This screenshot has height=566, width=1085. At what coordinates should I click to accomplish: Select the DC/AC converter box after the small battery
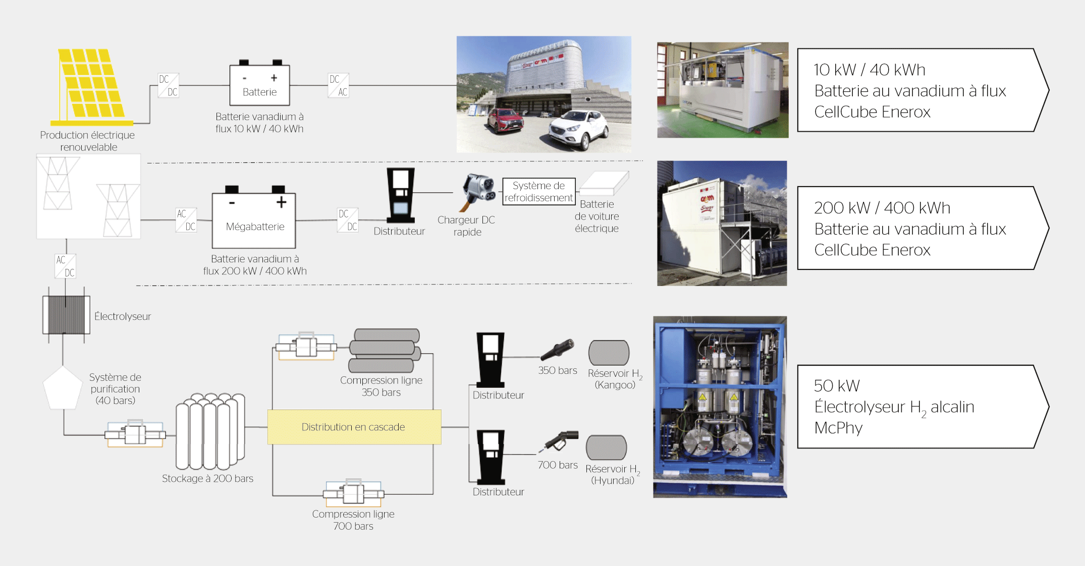(x=339, y=85)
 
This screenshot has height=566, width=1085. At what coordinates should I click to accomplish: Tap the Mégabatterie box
(x=254, y=220)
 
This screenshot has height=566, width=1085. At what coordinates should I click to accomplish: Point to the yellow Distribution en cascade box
(x=354, y=427)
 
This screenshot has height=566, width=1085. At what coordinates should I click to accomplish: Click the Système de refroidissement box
(x=538, y=192)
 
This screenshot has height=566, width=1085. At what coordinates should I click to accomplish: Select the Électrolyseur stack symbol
(x=66, y=315)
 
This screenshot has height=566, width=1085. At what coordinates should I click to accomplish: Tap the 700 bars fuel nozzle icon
(x=560, y=441)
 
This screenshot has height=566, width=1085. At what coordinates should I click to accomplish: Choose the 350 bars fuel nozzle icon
(x=558, y=349)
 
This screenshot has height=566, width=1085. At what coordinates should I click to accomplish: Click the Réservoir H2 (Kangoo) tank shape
(x=609, y=352)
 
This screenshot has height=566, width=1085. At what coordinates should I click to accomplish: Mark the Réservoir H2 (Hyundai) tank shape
(x=606, y=447)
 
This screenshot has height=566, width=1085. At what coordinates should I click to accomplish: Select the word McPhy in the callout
(x=838, y=428)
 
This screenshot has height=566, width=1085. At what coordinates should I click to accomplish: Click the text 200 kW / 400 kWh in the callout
(x=882, y=208)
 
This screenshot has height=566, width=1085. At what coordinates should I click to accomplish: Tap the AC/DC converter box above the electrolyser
(x=65, y=266)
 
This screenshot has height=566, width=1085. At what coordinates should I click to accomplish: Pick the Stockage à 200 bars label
(x=207, y=478)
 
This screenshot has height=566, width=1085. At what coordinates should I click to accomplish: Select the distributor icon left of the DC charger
(x=401, y=196)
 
